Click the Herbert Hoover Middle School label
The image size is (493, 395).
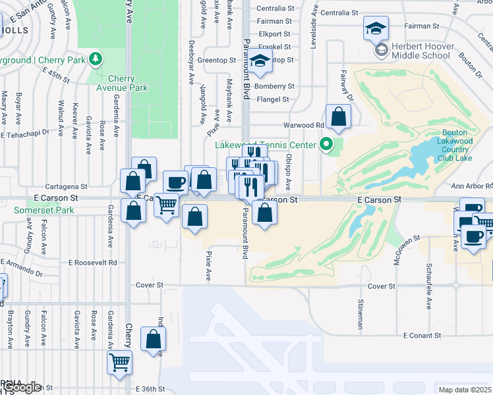pos(422,51)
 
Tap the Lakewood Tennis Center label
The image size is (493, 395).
pos(270,145)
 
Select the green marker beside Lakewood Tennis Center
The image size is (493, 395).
pos(326,144)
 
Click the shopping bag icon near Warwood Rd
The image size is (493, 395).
pos(338,118)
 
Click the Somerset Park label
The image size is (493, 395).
pos(44,211)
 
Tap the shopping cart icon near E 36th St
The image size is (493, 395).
pos(119,361)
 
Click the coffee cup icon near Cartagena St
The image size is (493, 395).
pos(175,182)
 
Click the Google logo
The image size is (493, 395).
pos(24,387)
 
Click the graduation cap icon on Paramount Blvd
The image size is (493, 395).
pos(261,61)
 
